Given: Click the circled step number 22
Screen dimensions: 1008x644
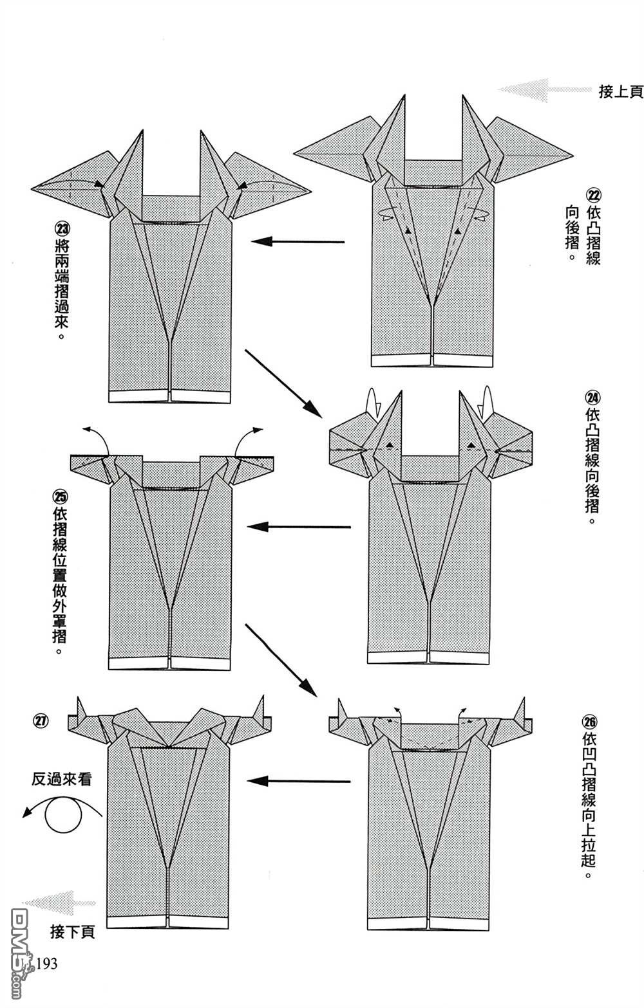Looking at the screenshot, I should (x=592, y=195).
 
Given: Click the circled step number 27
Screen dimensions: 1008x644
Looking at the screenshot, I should (x=41, y=720).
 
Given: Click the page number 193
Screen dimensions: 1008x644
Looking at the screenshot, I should (x=46, y=963).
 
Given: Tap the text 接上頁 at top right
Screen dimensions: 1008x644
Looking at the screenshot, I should (x=620, y=92).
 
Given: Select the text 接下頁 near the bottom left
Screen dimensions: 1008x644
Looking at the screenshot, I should (x=72, y=931).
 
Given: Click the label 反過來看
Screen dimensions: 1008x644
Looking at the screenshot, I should (x=62, y=780).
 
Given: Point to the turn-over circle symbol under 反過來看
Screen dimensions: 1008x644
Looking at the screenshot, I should (x=63, y=815).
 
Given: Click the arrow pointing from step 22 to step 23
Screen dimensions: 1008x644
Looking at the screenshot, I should (x=298, y=242).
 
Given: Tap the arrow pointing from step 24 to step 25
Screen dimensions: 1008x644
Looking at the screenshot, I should (x=299, y=527).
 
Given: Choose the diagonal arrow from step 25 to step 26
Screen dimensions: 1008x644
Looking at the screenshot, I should (x=281, y=660).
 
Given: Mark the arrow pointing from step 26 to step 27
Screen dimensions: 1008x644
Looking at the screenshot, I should (x=299, y=782).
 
